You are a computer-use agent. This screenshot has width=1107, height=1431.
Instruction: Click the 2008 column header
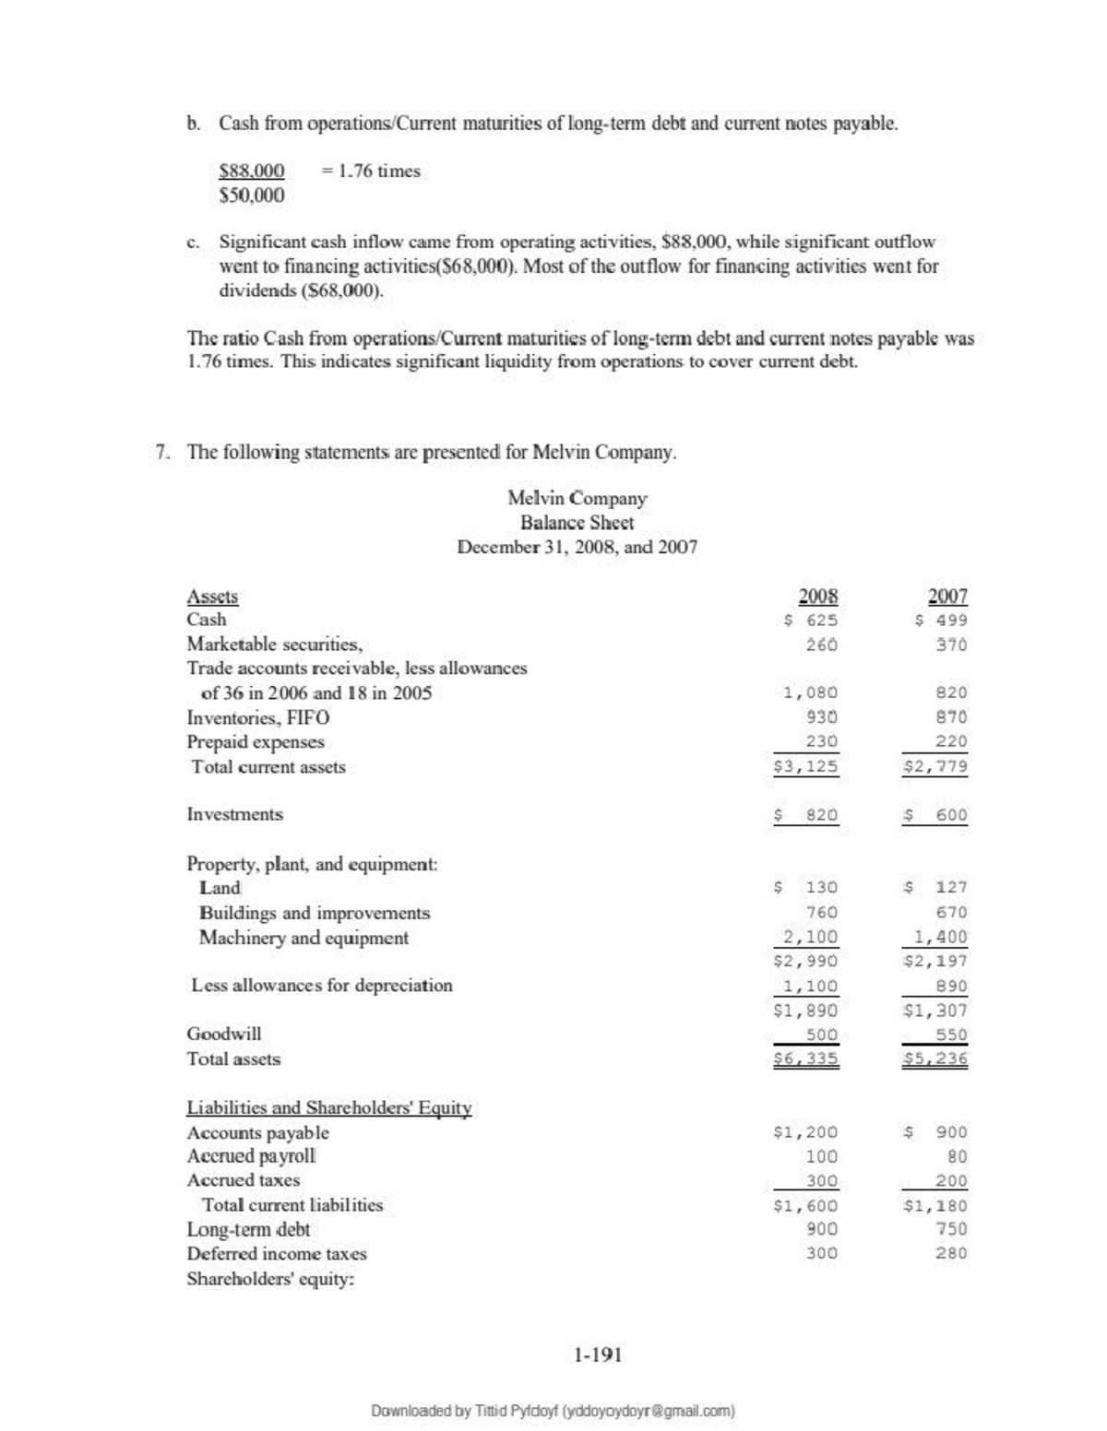(x=817, y=596)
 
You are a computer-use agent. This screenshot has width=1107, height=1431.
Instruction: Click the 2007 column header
(x=947, y=596)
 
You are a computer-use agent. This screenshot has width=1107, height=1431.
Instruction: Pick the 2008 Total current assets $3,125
(x=805, y=766)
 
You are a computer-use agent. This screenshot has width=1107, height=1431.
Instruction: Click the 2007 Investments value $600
(x=936, y=815)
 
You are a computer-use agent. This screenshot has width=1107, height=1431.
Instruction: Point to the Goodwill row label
(x=224, y=1034)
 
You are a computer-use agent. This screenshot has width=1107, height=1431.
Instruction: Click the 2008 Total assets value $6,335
(x=805, y=1059)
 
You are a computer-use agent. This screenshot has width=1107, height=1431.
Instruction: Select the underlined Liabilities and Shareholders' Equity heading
(x=329, y=1107)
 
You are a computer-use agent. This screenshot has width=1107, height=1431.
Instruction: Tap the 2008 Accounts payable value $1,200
(x=805, y=1132)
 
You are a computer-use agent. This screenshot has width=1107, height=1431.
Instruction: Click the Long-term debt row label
(x=248, y=1229)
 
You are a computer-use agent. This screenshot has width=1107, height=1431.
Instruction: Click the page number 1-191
(x=597, y=1354)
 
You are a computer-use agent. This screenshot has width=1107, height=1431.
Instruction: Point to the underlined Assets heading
(x=212, y=597)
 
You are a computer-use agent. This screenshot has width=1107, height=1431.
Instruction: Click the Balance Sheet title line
(x=577, y=523)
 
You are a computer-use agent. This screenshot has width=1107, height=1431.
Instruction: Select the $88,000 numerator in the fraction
(x=252, y=171)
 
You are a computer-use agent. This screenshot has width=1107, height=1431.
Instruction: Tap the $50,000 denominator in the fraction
(x=252, y=195)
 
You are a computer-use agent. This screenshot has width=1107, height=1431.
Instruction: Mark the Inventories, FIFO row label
(x=258, y=717)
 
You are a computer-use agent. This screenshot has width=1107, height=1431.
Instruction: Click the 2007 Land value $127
(x=936, y=887)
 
